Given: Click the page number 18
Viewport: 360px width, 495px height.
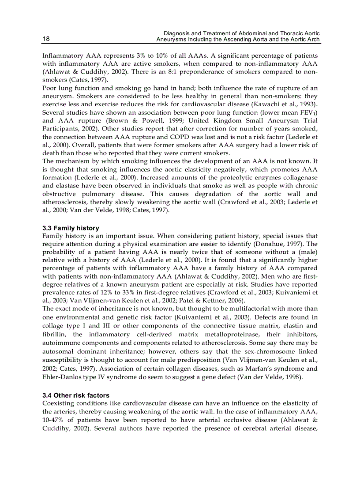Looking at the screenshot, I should coord(46,39).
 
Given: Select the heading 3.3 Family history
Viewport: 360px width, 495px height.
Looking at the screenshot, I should coord(71,228).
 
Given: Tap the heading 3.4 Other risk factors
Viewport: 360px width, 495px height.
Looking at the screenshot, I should coord(75,395).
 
